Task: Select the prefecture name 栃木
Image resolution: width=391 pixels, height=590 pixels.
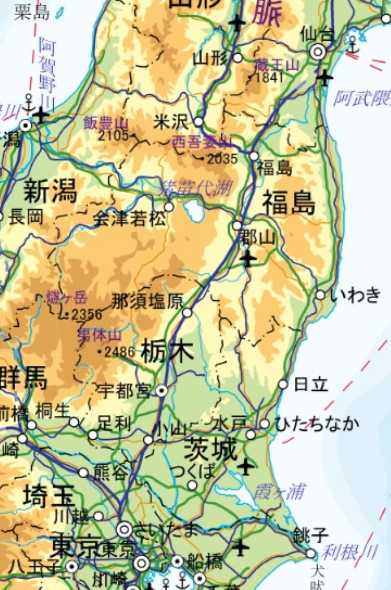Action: tap(167, 352)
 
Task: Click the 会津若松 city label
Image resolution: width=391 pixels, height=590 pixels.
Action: tap(129, 219)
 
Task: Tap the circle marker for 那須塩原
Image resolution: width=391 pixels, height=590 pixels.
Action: tap(187, 312)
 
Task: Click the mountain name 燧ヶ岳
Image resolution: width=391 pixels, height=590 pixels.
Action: tap(67, 297)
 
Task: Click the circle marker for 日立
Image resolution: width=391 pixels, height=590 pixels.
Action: tap(283, 384)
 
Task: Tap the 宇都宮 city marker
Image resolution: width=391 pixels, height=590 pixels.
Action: tap(162, 390)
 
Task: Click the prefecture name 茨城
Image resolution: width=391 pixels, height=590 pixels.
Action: tap(210, 449)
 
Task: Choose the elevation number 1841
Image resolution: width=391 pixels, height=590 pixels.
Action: tap(269, 77)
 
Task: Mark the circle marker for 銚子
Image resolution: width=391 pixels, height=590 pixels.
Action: tap(311, 553)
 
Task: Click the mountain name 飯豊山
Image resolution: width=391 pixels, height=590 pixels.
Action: tap(106, 122)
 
